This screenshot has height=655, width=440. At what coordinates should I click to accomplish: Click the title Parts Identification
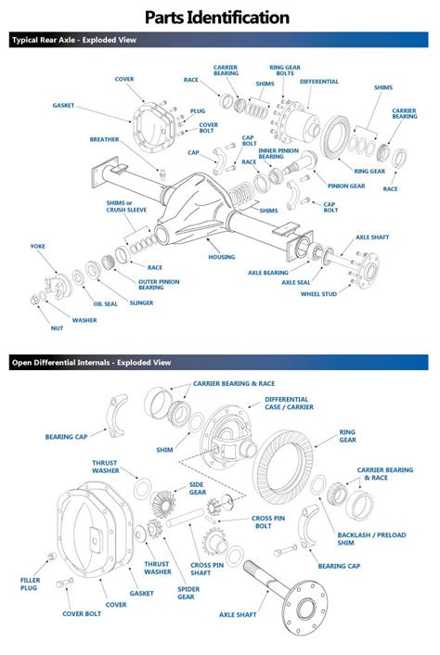(220, 17)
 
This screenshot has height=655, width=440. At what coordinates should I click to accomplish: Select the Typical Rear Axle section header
(74, 41)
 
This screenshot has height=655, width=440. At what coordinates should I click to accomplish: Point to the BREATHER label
(104, 140)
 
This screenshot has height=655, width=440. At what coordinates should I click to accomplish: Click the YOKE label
(37, 247)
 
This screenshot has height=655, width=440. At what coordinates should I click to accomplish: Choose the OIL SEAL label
(104, 302)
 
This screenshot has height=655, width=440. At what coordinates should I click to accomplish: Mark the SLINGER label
(142, 302)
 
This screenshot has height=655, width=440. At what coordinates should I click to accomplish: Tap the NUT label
(57, 328)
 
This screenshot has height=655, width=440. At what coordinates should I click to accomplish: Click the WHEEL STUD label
(318, 294)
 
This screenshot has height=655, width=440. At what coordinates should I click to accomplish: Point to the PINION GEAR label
(345, 186)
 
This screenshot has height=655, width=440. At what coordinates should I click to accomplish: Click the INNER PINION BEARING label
(278, 153)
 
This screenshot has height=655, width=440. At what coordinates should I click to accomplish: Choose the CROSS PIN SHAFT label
(208, 569)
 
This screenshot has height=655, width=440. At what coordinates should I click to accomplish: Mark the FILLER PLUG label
(31, 584)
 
